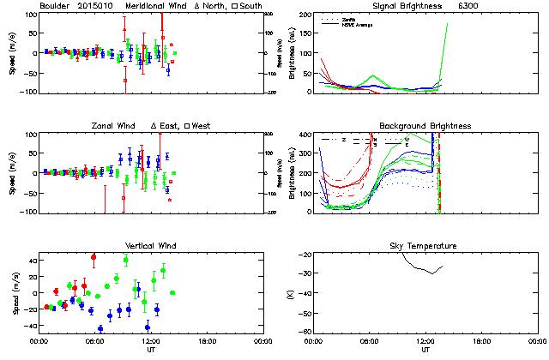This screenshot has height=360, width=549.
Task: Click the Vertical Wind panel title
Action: click(150, 246)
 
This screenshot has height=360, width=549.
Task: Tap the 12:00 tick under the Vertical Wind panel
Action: click(150, 340)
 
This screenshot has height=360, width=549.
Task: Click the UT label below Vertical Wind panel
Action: click(150, 350)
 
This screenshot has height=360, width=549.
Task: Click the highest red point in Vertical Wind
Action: click(94, 256)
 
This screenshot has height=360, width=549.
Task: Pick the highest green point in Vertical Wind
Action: click(126, 260)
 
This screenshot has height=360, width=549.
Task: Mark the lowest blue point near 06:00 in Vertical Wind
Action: click(100, 328)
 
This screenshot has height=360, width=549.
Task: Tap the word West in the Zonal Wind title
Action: click(202, 126)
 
